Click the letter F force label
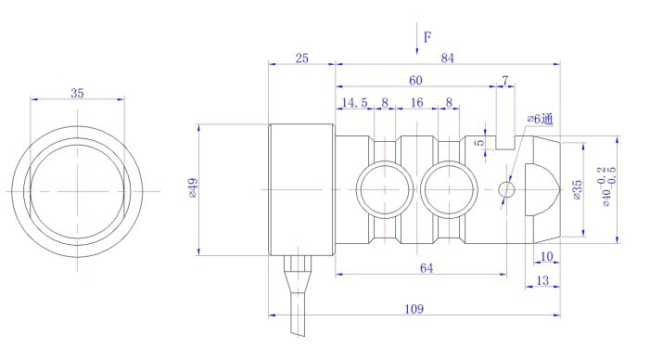tap(427, 37)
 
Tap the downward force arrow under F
tap(417, 39)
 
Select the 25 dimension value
tap(301, 58)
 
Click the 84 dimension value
tap(447, 58)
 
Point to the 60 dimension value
tap(415, 81)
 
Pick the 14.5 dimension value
tap(354, 102)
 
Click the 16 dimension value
tap(416, 102)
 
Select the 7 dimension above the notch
tap(505, 80)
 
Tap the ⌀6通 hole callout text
tap(541, 120)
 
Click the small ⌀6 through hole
tap(506, 190)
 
